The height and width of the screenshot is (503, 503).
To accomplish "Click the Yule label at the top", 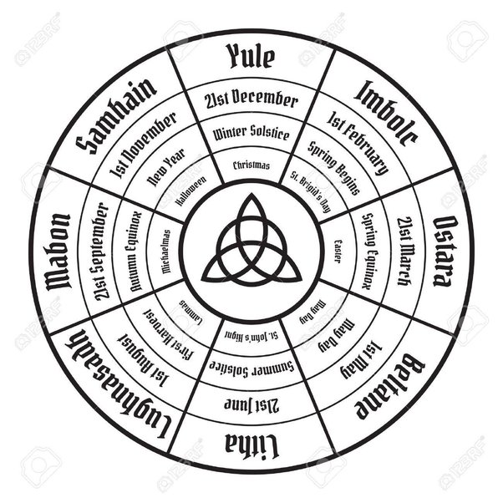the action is [x=251, y=57].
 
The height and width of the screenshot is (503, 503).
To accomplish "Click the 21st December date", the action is [x=251, y=100].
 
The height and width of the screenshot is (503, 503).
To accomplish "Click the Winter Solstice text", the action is [x=251, y=133].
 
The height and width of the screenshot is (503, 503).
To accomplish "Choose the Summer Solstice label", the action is [x=251, y=368].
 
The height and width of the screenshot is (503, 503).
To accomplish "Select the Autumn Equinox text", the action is [x=134, y=251].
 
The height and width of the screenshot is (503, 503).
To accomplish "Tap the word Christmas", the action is [x=251, y=165].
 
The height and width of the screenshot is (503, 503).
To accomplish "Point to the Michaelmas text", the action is [x=165, y=251].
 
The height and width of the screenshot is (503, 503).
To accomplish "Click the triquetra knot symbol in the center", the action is [x=251, y=242].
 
